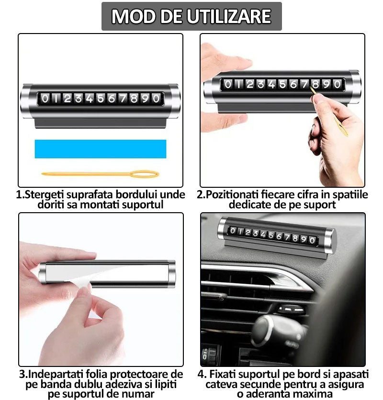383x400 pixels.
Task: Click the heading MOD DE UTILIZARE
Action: pyautogui.click(x=191, y=16)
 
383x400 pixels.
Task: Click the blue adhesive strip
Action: pyautogui.click(x=101, y=149)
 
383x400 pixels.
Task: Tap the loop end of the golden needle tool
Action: pyautogui.click(x=146, y=174)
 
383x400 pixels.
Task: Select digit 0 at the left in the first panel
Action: pyautogui.click(x=45, y=99)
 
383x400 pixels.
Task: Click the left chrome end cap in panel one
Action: pyautogui.click(x=27, y=101)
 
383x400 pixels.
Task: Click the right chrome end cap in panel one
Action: pyautogui.click(x=174, y=101)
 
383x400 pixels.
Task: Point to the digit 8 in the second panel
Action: pyautogui.click(x=315, y=85)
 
